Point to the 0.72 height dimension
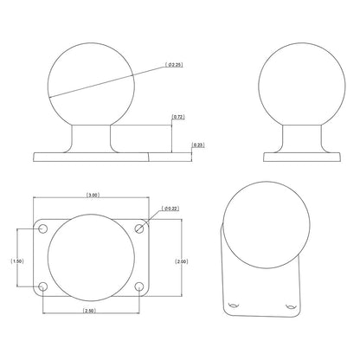177,115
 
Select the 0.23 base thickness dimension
198,145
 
